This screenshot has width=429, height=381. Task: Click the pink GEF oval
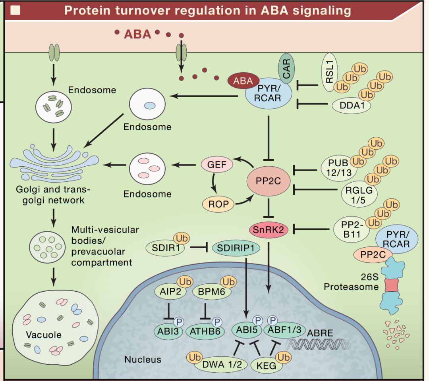point(217,164)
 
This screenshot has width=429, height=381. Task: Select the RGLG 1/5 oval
point(356,194)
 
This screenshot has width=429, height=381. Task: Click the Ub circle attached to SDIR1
point(182,239)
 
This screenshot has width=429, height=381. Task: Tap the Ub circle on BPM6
point(228,282)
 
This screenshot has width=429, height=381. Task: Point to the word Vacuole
point(44,335)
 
